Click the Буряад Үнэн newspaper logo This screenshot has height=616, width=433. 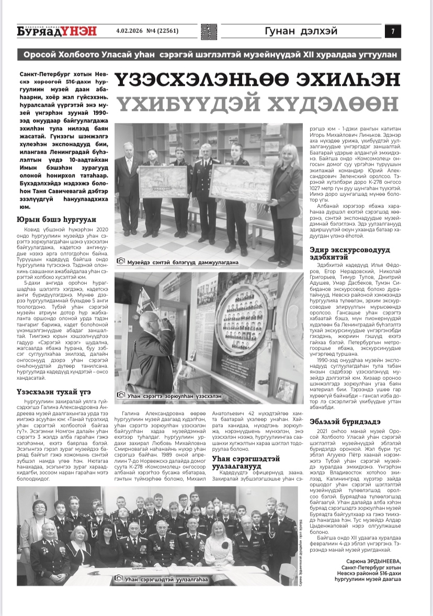point(57,31)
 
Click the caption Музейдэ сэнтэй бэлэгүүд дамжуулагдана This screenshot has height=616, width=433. point(183,261)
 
